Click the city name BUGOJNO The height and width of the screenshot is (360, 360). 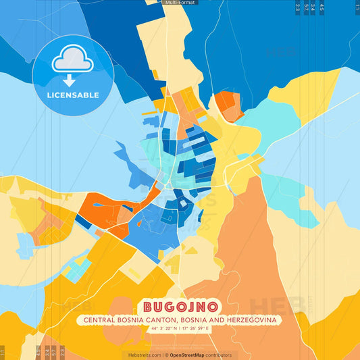pyautogui.click(x=180, y=307)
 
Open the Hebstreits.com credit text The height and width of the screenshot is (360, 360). pyautogui.click(x=144, y=355)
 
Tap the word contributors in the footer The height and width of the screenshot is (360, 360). pyautogui.click(x=220, y=355)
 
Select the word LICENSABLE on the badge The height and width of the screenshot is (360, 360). pyautogui.click(x=73, y=95)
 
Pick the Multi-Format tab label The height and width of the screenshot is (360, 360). pyautogui.click(x=180, y=3)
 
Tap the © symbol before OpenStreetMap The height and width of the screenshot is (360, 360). pyautogui.click(x=166, y=355)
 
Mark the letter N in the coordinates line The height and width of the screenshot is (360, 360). pyautogui.click(x=175, y=329)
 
